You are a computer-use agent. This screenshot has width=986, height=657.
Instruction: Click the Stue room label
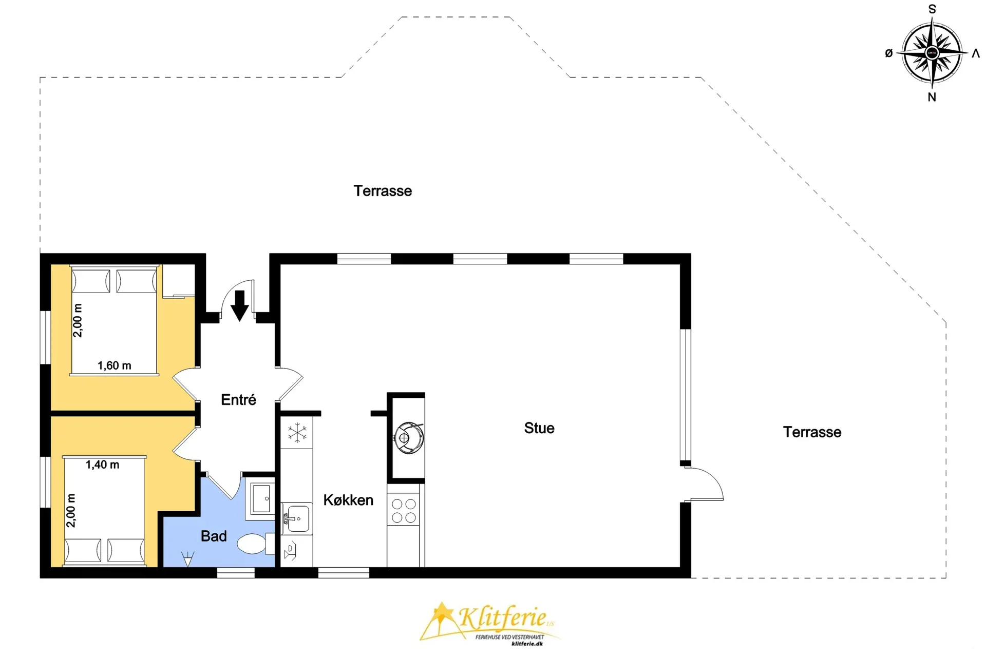539,428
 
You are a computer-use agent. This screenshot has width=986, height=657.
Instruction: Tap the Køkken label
348,500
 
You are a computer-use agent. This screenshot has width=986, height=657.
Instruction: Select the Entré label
238,399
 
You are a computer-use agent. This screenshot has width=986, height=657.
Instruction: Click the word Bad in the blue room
214,536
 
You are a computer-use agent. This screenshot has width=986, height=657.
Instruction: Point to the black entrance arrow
239,306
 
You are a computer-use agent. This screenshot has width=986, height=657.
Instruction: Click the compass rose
932,52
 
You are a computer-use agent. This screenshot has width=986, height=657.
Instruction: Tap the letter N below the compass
932,97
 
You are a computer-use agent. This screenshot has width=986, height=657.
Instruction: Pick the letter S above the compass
932,9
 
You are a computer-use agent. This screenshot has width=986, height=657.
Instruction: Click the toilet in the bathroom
255,544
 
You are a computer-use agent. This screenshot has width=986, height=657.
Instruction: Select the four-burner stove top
404,510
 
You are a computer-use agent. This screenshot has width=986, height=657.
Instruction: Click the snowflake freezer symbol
297,433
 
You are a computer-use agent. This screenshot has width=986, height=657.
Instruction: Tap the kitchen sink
297,518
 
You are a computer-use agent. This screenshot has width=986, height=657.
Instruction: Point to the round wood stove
409,438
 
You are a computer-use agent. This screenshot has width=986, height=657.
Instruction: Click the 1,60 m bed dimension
115,365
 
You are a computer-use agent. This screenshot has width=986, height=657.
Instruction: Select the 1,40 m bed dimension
102,465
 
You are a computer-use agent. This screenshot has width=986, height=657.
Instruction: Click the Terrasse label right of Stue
812,432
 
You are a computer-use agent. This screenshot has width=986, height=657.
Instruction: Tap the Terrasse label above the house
383,191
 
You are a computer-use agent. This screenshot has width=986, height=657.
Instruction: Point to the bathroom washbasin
261,498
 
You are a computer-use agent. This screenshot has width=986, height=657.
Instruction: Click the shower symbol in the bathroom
188,558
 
